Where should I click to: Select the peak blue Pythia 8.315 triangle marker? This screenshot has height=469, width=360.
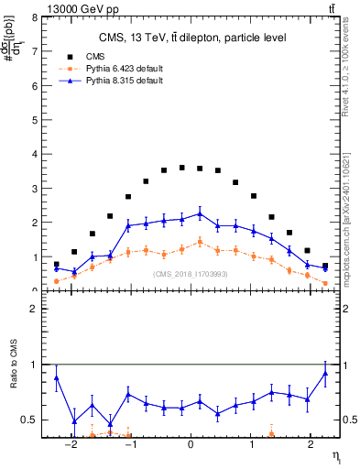(200, 213)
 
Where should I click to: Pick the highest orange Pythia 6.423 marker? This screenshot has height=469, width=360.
(200, 242)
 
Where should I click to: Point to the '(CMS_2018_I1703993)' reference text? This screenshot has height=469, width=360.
(191, 274)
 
